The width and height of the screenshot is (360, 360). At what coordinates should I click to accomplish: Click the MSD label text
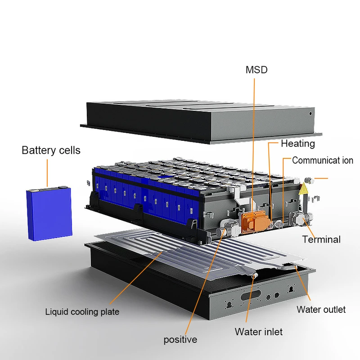256,70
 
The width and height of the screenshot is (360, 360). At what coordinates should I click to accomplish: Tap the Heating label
298,144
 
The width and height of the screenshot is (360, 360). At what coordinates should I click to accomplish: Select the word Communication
323,160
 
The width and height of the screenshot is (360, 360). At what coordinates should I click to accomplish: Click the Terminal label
321,239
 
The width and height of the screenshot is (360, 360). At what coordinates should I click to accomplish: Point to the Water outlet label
321,310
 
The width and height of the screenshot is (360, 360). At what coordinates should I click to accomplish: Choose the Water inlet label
258,332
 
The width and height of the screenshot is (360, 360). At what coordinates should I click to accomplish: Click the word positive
180,340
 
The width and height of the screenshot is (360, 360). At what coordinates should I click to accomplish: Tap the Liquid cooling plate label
82,312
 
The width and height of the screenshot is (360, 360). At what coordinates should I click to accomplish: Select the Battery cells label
51,150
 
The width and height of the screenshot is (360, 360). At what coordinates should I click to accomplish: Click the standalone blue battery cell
49,213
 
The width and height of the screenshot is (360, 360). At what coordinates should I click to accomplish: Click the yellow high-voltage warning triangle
303,189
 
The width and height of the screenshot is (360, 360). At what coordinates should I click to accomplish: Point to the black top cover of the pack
201,121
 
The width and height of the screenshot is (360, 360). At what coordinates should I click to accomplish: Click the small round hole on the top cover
310,113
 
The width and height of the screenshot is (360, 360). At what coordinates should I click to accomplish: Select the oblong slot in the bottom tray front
251,295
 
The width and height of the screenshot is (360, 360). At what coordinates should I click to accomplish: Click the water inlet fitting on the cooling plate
254,275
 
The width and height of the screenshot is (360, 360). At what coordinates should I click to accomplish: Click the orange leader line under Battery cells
47,173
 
